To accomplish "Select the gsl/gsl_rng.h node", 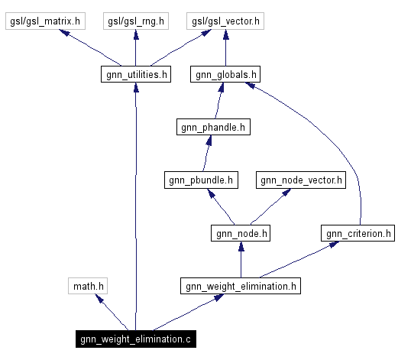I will (135, 21).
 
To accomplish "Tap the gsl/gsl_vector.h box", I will (225, 21).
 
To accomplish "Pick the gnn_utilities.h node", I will (135, 74).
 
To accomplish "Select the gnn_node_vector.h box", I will (301, 180).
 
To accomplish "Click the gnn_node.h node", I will (241, 233).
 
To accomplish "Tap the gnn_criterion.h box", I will (358, 233).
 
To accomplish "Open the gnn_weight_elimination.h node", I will (241, 287).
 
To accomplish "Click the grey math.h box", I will (87, 287).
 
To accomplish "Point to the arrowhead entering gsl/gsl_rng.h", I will (135, 35).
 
